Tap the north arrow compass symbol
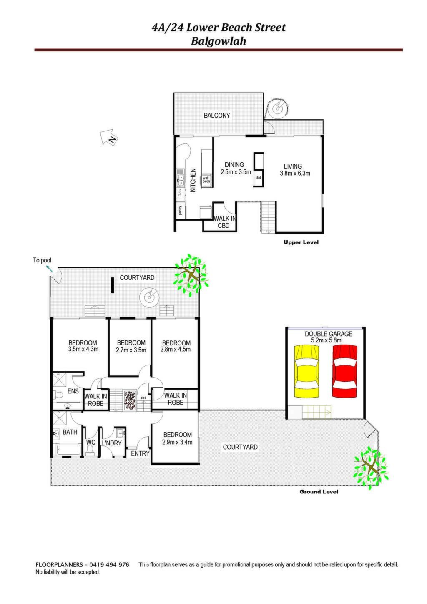click(x=109, y=137)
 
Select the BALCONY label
click(x=217, y=116)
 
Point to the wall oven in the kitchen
click(x=206, y=180)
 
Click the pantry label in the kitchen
click(x=180, y=210)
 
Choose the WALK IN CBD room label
click(x=224, y=222)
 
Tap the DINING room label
click(x=234, y=164)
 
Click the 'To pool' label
click(x=42, y=260)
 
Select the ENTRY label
click(x=140, y=453)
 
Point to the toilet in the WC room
click(x=90, y=450)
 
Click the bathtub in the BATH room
click(x=68, y=449)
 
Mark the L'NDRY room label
click(x=112, y=443)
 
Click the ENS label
click(x=73, y=391)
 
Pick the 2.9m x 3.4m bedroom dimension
click(x=177, y=442)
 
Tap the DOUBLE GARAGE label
click(x=328, y=334)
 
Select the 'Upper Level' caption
click(x=301, y=242)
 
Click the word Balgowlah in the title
click(x=219, y=41)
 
